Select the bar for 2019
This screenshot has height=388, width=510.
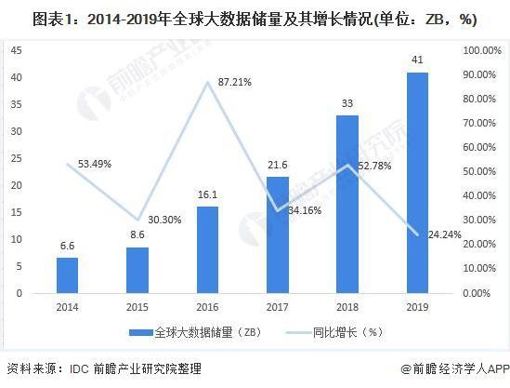click(417, 182)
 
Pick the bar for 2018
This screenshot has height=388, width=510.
click(347, 204)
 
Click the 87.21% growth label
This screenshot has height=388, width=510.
click(238, 83)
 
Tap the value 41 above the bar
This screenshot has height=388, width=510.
click(417, 60)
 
